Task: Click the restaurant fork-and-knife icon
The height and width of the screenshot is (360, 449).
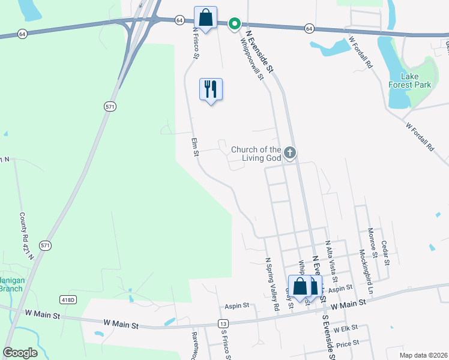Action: (211, 89)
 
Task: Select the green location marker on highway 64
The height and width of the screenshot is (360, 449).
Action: (235, 24)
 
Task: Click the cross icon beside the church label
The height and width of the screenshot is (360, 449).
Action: (290, 153)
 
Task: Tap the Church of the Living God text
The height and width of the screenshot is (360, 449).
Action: (256, 154)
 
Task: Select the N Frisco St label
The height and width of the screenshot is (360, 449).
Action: (195, 42)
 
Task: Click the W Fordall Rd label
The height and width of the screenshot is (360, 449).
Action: (420, 136)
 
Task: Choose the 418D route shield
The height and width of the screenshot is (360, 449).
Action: (68, 299)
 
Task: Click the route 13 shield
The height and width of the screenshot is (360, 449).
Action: (223, 323)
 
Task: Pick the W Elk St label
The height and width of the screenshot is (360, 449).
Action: (345, 328)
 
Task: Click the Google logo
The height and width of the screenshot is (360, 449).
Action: (20, 353)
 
